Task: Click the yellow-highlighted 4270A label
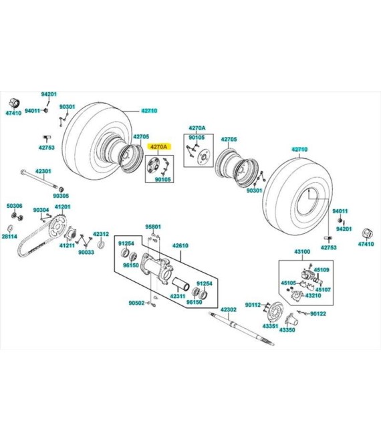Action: [158, 146]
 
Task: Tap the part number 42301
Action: [43, 171]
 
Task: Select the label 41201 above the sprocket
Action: [62, 206]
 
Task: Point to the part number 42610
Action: [180, 245]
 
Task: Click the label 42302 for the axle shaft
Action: [229, 309]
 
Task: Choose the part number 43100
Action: [302, 251]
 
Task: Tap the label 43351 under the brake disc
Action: [270, 326]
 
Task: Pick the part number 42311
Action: [178, 296]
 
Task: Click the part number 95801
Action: [153, 227]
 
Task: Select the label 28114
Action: [9, 237]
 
